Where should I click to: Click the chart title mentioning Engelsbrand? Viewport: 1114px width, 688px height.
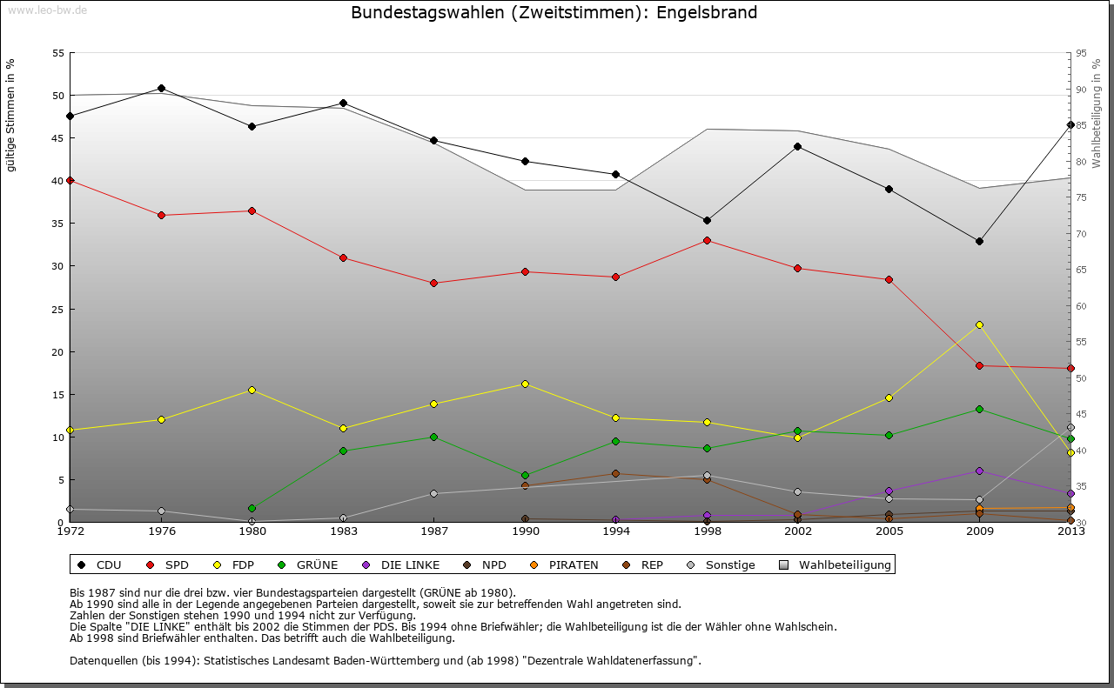(554, 13)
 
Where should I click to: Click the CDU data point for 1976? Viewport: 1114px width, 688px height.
(161, 88)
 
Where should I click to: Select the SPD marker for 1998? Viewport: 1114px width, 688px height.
(707, 240)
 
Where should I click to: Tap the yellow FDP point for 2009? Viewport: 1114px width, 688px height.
(980, 324)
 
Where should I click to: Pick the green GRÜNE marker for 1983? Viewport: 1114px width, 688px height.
(343, 451)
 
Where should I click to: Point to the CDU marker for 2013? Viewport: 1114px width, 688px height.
(1070, 124)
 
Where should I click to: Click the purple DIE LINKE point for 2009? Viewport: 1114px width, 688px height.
(980, 471)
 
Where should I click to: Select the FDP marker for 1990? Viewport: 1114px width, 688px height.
(525, 384)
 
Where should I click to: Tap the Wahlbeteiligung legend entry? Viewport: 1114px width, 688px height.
(835, 565)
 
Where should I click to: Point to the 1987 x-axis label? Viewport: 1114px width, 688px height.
(434, 531)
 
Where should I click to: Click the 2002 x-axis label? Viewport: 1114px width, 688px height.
(798, 531)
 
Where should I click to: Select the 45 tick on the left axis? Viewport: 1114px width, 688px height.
(58, 138)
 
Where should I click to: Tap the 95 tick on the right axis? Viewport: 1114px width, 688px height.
(1081, 53)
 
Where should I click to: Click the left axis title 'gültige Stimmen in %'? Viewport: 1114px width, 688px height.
(10, 115)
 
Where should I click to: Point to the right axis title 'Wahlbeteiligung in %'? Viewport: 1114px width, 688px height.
(1097, 112)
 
